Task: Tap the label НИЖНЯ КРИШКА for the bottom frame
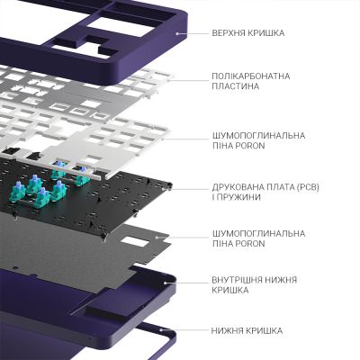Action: click(247, 330)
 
